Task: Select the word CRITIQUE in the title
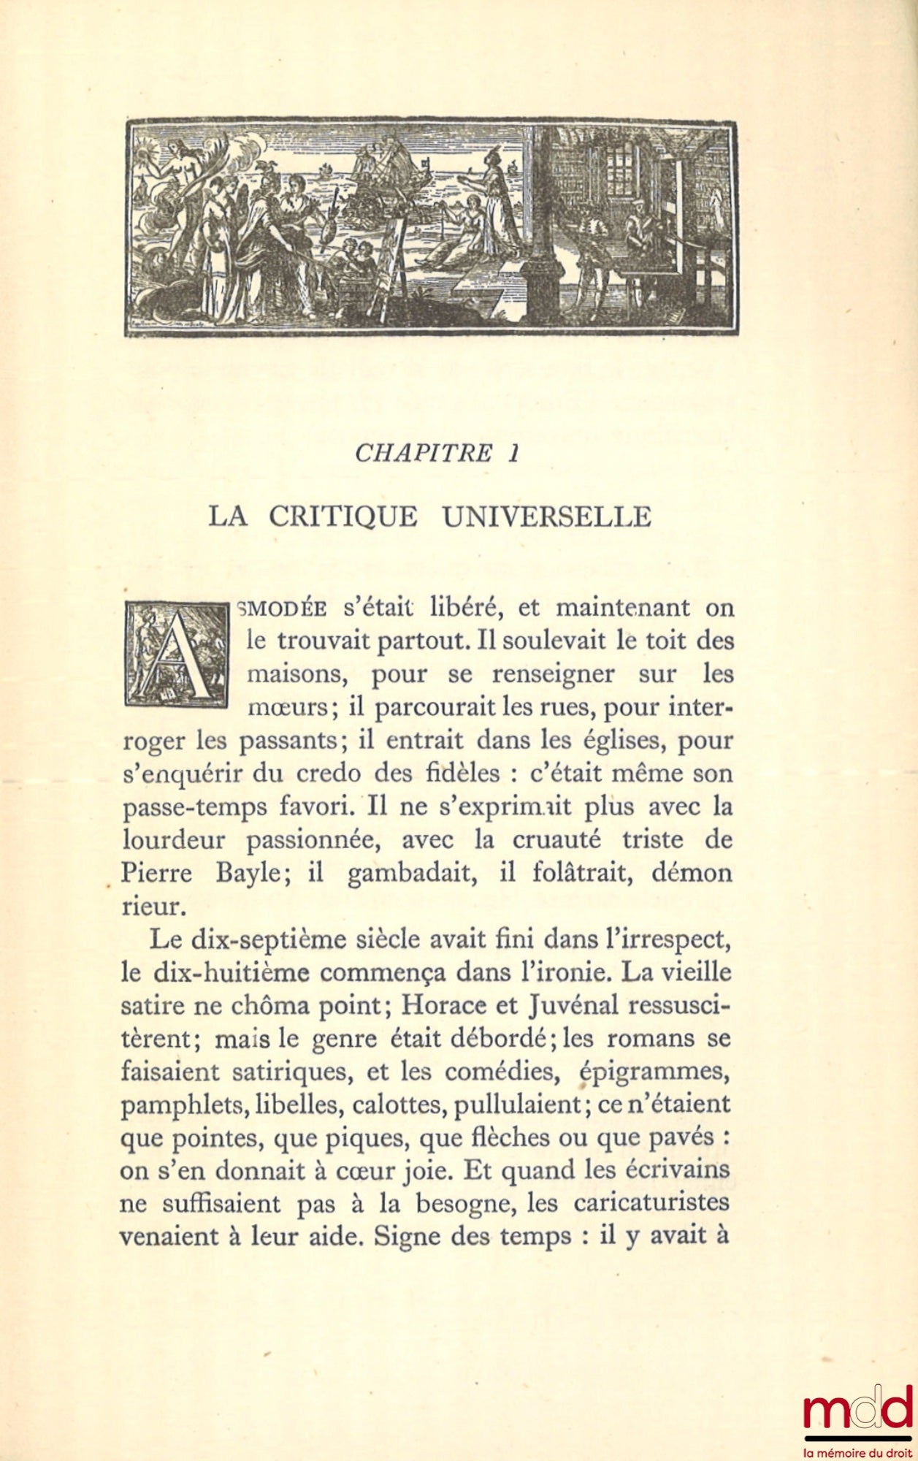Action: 343,516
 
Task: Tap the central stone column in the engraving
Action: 542,226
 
